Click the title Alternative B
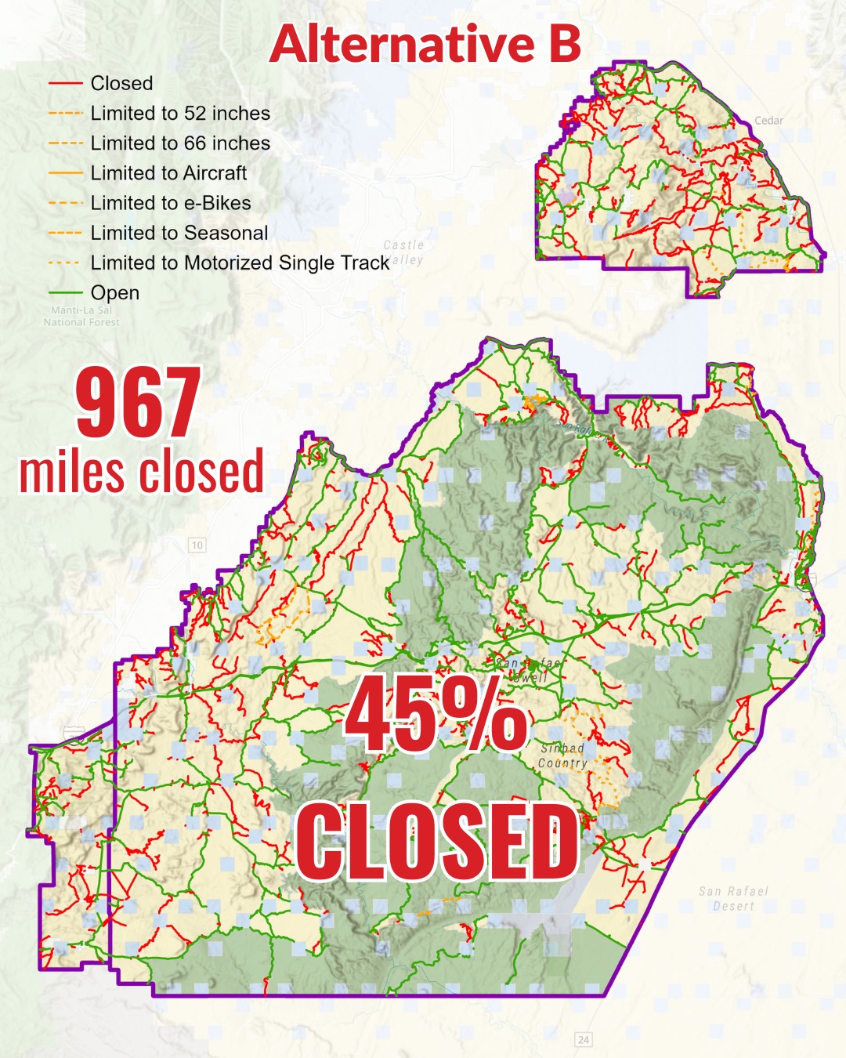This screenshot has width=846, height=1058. tap(425, 44)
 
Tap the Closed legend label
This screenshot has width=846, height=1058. tap(121, 83)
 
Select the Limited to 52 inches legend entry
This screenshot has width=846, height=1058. tap(180, 113)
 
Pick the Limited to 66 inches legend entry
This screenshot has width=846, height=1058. tap(180, 143)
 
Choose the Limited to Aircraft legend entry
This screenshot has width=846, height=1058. tap(168, 173)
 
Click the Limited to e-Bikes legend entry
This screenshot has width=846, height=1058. tap(171, 203)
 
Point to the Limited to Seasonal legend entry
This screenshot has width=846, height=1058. tap(179, 233)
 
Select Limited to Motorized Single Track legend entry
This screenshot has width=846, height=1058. tap(240, 263)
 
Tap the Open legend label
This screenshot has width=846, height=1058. tap(115, 292)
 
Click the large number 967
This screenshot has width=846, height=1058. tap(139, 403)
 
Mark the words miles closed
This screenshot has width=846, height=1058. tap(142, 472)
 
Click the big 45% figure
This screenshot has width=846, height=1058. tap(436, 715)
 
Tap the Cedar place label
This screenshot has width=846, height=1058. tap(768, 121)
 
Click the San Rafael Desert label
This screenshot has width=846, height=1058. tap(733, 898)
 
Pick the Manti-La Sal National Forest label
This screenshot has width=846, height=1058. tap(81, 316)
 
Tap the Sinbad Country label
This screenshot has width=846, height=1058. tap(562, 755)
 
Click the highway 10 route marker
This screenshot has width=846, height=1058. tap(197, 545)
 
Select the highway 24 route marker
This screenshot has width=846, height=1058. tap(584, 1039)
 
